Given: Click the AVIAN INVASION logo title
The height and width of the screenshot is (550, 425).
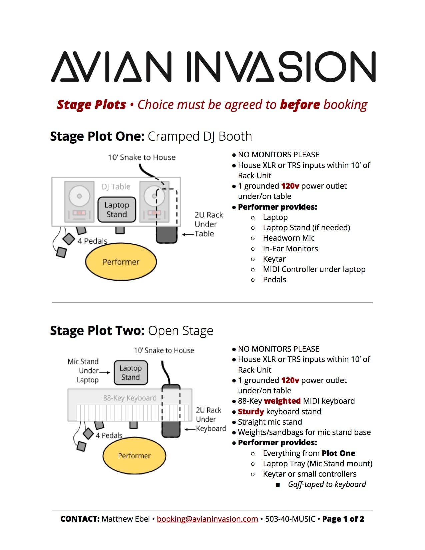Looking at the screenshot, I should [x=213, y=67].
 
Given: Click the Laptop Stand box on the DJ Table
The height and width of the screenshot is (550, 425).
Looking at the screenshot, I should [x=117, y=210].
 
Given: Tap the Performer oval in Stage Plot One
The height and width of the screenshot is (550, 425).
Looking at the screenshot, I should [x=121, y=262].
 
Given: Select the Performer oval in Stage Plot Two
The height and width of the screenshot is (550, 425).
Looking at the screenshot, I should [x=134, y=455].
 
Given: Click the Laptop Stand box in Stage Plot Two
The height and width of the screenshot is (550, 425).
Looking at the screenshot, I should [x=131, y=373].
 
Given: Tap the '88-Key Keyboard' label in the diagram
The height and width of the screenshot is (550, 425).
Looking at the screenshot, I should [x=130, y=398].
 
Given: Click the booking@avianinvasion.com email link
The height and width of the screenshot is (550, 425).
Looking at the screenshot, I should [x=207, y=519].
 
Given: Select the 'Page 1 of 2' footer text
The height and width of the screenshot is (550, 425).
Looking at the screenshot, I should [x=343, y=519].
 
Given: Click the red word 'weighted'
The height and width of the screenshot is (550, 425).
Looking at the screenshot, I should [x=282, y=401].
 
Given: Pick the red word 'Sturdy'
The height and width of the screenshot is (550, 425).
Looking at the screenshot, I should [x=251, y=412].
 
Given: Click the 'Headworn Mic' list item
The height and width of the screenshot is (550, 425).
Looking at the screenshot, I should [x=289, y=238].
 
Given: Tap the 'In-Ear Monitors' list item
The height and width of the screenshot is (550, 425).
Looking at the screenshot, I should [x=290, y=249].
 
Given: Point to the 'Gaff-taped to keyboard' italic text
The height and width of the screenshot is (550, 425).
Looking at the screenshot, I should [x=327, y=484].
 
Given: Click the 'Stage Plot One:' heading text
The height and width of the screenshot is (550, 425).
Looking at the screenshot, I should [x=97, y=136].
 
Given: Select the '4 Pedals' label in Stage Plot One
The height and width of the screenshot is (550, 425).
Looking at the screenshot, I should [x=92, y=241].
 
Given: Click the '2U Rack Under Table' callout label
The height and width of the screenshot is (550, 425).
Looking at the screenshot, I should [x=208, y=224].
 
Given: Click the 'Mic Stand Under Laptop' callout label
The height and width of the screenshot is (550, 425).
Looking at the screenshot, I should [x=83, y=371].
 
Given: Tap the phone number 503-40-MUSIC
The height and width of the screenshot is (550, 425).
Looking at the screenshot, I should [x=290, y=519].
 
